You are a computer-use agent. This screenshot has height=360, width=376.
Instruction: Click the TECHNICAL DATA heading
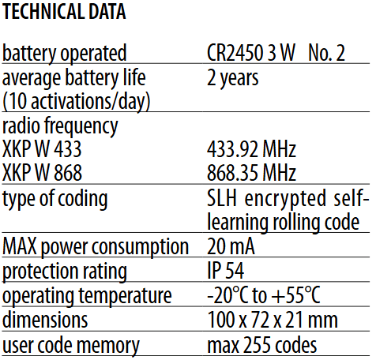[x=64, y=12]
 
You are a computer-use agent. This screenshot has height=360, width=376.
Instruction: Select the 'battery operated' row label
[x=65, y=54]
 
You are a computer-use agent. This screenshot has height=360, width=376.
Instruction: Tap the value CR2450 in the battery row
[x=235, y=53]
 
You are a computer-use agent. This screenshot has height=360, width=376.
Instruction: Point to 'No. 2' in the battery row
[x=326, y=53]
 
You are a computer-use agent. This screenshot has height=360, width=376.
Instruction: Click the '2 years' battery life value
[x=233, y=78]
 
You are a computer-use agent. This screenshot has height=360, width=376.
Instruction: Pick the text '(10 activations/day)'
[x=77, y=102]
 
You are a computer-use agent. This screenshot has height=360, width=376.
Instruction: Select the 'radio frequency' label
[x=60, y=126]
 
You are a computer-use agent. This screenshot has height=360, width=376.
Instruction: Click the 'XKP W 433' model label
[x=42, y=149]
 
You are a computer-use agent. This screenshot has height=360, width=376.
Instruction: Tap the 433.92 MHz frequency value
[x=252, y=149]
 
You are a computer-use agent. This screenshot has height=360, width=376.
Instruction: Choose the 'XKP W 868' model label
[x=42, y=173]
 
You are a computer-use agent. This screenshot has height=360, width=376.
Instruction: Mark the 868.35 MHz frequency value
[x=252, y=173]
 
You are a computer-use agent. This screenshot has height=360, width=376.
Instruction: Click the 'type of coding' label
[x=55, y=200]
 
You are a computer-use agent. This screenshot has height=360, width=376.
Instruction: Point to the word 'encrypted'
[x=285, y=199]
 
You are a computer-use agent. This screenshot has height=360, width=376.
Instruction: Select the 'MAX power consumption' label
[x=96, y=247]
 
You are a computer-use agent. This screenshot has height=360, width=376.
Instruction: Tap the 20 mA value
[x=231, y=246]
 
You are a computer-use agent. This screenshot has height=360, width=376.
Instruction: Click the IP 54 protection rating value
[x=226, y=271]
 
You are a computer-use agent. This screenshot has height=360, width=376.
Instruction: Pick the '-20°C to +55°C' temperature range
[x=264, y=294]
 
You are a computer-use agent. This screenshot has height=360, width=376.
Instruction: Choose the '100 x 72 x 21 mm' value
[x=273, y=320]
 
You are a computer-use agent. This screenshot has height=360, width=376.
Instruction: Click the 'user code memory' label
[x=71, y=346]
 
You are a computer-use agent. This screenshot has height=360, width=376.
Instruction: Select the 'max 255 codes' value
[x=262, y=345]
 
